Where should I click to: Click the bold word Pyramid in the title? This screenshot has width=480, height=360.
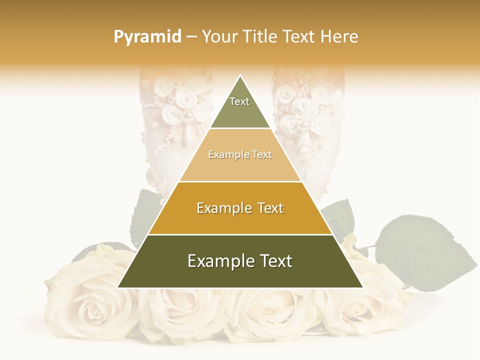click(147, 37)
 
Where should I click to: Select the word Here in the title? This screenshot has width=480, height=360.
click(339, 37)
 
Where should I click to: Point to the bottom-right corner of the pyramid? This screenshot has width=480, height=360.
click(362, 287)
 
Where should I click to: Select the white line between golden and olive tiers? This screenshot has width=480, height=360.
click(240, 234)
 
